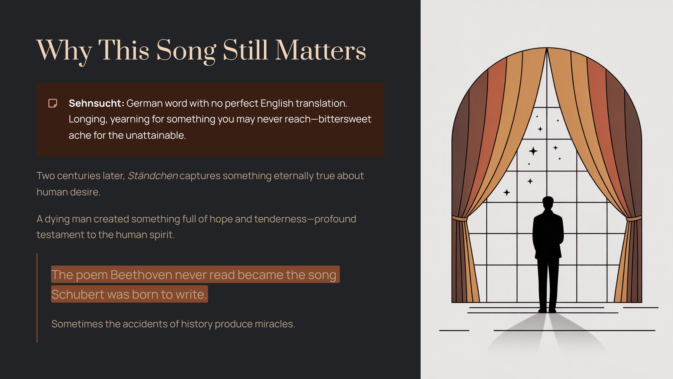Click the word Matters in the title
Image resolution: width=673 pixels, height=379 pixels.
321,50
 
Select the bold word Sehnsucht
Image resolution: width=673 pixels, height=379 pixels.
96,103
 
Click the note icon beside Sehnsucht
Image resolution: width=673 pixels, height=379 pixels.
53,103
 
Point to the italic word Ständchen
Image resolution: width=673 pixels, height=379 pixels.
153,176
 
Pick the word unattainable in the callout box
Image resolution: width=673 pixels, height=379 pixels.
156,135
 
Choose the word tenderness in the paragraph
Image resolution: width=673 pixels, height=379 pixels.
280,219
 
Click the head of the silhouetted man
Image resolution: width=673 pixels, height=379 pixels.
548,202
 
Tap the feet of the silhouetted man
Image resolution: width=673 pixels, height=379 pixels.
547,310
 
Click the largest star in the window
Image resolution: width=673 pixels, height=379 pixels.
533,151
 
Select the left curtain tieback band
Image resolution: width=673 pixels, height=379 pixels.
460,218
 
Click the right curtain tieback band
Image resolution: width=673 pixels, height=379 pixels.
634,218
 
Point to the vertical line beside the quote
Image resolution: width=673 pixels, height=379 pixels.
37,298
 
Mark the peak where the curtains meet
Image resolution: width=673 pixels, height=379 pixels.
547,48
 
